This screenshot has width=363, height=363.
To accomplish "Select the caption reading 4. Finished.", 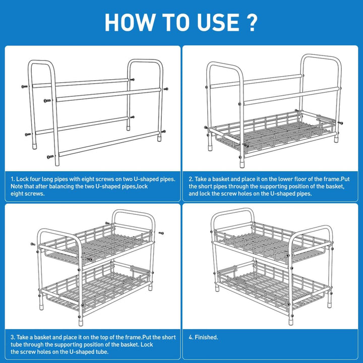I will (203, 337).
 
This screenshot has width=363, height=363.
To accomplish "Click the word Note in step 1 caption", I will (19, 186).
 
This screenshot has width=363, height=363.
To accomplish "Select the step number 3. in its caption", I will (13, 337).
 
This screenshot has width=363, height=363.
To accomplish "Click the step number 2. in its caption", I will (191, 178).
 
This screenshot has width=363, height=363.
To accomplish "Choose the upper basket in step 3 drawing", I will (96, 242).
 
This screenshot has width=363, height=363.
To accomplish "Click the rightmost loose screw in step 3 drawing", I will (161, 233).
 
